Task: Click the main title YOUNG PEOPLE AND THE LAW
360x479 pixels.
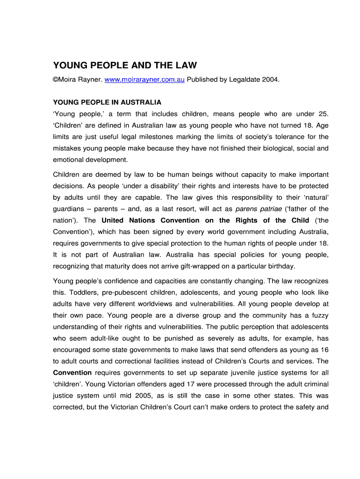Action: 125,65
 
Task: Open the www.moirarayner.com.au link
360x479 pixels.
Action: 144,80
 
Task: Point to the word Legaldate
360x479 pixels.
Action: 245,80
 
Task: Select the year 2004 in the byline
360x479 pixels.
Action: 271,80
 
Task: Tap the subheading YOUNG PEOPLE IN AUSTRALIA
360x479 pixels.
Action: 107,102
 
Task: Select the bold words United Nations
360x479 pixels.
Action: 127,220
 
